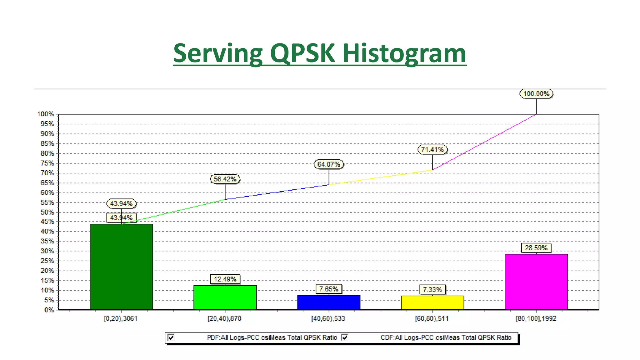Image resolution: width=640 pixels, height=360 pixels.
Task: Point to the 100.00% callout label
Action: (536, 94)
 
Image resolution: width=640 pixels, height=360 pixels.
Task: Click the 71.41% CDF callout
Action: (432, 150)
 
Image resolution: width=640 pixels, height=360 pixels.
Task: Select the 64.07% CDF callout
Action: (328, 164)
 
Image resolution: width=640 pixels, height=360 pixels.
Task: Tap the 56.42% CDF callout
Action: (225, 179)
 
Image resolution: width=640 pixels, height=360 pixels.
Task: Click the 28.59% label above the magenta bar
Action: (536, 248)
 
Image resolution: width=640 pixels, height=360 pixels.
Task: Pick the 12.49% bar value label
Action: (225, 279)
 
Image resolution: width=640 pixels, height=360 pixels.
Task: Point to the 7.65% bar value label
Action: (328, 289)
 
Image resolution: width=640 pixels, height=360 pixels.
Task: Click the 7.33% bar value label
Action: (432, 290)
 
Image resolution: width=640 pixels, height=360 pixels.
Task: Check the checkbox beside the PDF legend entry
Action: (171, 337)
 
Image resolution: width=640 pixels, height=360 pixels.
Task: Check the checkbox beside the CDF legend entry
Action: (345, 337)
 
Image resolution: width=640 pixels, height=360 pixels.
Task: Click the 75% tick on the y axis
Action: (47, 163)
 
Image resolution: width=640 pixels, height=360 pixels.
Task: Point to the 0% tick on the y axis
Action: (49, 310)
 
